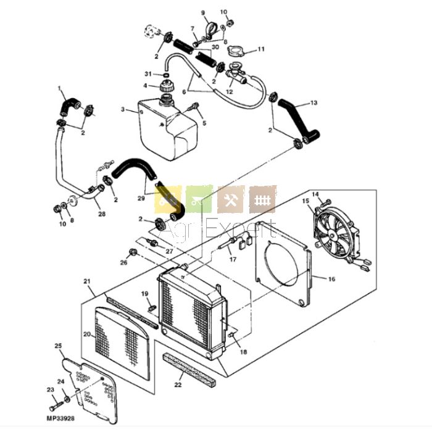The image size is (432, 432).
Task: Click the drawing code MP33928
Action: [60, 418]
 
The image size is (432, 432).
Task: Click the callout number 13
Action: [314, 103]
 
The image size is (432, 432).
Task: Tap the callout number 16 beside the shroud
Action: [332, 279]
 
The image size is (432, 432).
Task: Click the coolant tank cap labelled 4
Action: [167, 86]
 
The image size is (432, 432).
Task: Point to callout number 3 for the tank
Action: [123, 109]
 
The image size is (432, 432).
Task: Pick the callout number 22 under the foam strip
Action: [178, 384]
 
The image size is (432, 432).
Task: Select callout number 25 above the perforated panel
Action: [59, 346]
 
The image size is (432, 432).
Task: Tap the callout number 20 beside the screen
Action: [87, 334]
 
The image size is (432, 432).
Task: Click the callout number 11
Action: [261, 49]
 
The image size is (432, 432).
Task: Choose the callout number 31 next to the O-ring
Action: [148, 74]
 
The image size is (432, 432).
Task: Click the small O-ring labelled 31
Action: [165, 75]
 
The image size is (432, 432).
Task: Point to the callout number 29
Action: [141, 198]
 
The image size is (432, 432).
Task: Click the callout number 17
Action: [233, 259]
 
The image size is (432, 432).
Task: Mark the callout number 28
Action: [102, 214]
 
